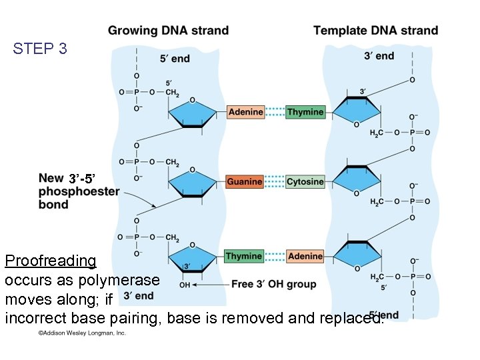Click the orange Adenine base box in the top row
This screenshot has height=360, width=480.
246,112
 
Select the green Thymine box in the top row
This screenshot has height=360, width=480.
305,112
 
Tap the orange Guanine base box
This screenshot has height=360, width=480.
245,181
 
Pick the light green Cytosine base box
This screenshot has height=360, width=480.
305,181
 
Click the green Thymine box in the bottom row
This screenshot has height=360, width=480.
243,256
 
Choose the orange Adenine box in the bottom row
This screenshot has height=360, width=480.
305,256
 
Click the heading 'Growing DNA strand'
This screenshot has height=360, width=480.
168,31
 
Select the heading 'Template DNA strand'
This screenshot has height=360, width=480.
375,31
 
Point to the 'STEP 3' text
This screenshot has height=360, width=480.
40,49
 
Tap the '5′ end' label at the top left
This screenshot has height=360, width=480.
175,59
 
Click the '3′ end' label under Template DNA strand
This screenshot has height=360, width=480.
379,56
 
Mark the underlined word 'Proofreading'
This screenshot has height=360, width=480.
51,261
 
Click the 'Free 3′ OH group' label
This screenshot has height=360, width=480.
274,284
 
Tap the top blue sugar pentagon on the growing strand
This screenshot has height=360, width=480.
192,113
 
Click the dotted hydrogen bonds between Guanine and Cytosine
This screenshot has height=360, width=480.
275,181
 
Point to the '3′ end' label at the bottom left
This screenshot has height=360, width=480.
139,296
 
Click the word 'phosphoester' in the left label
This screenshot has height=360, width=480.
79,191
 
